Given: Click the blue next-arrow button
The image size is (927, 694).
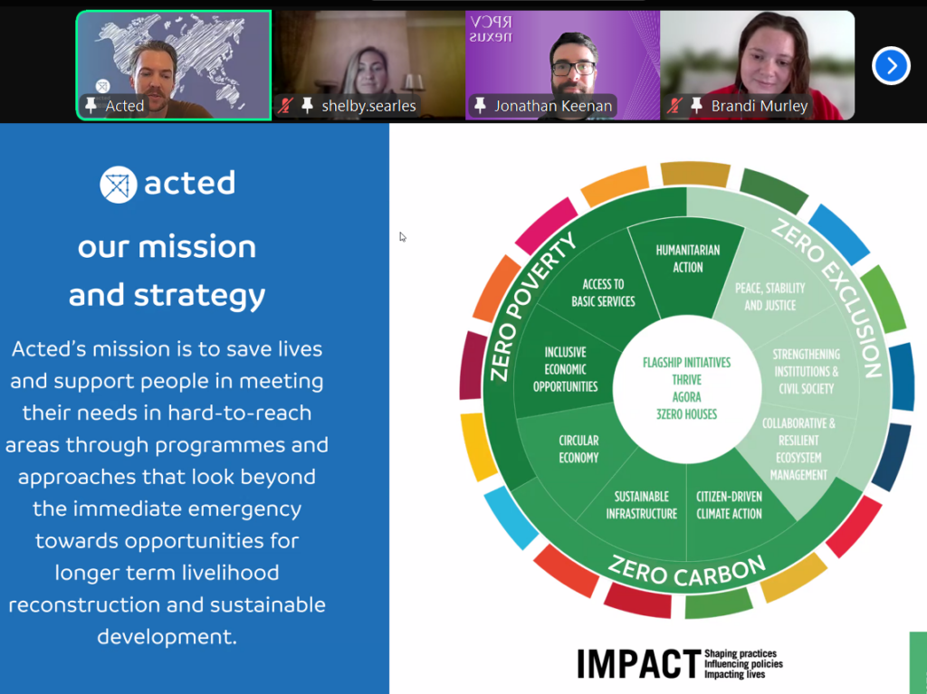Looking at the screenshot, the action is (x=891, y=66).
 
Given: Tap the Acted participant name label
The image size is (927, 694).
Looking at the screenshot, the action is (x=124, y=106).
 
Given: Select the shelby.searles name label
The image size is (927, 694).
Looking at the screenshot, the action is (x=368, y=106).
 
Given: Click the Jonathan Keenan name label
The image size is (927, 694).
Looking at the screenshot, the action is (x=553, y=106).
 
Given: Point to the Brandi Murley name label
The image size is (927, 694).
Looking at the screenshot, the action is (x=760, y=106).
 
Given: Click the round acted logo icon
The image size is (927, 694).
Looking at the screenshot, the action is (x=119, y=185).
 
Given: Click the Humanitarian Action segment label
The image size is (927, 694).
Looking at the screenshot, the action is (x=688, y=259).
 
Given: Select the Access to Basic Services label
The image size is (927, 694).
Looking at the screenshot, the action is (x=603, y=292).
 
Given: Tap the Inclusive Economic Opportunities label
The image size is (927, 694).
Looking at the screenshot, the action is (x=565, y=369).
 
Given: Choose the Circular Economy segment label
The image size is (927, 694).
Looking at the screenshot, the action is (x=578, y=450).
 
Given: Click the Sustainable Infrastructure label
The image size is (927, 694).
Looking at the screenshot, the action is (x=642, y=506).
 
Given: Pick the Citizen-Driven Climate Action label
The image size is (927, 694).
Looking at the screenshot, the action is (x=729, y=506).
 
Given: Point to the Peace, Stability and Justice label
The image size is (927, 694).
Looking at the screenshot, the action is (x=769, y=297).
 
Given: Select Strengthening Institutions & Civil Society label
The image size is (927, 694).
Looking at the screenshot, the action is (x=807, y=371).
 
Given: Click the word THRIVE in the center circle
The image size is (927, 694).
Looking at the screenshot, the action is (x=686, y=379).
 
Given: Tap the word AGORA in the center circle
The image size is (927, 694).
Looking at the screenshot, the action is (x=686, y=396).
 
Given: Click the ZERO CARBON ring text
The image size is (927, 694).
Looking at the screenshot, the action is (x=687, y=572).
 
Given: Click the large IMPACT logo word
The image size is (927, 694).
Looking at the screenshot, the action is (x=639, y=664).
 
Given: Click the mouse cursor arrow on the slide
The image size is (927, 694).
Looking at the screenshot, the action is (x=403, y=237).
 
